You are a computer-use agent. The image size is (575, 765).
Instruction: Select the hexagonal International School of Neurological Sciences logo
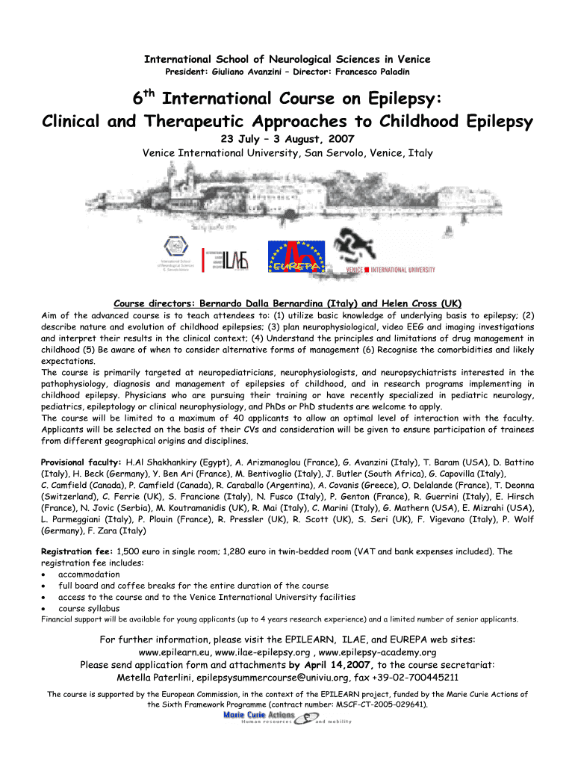tap(177, 250)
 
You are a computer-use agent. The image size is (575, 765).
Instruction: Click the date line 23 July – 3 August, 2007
tap(287, 139)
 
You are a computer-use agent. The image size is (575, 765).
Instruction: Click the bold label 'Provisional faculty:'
tap(81, 462)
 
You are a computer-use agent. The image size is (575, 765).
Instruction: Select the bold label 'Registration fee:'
tap(77, 552)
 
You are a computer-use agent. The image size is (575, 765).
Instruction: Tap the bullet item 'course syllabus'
tap(89, 608)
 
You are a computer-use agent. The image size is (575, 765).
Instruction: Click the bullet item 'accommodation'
tap(89, 574)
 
